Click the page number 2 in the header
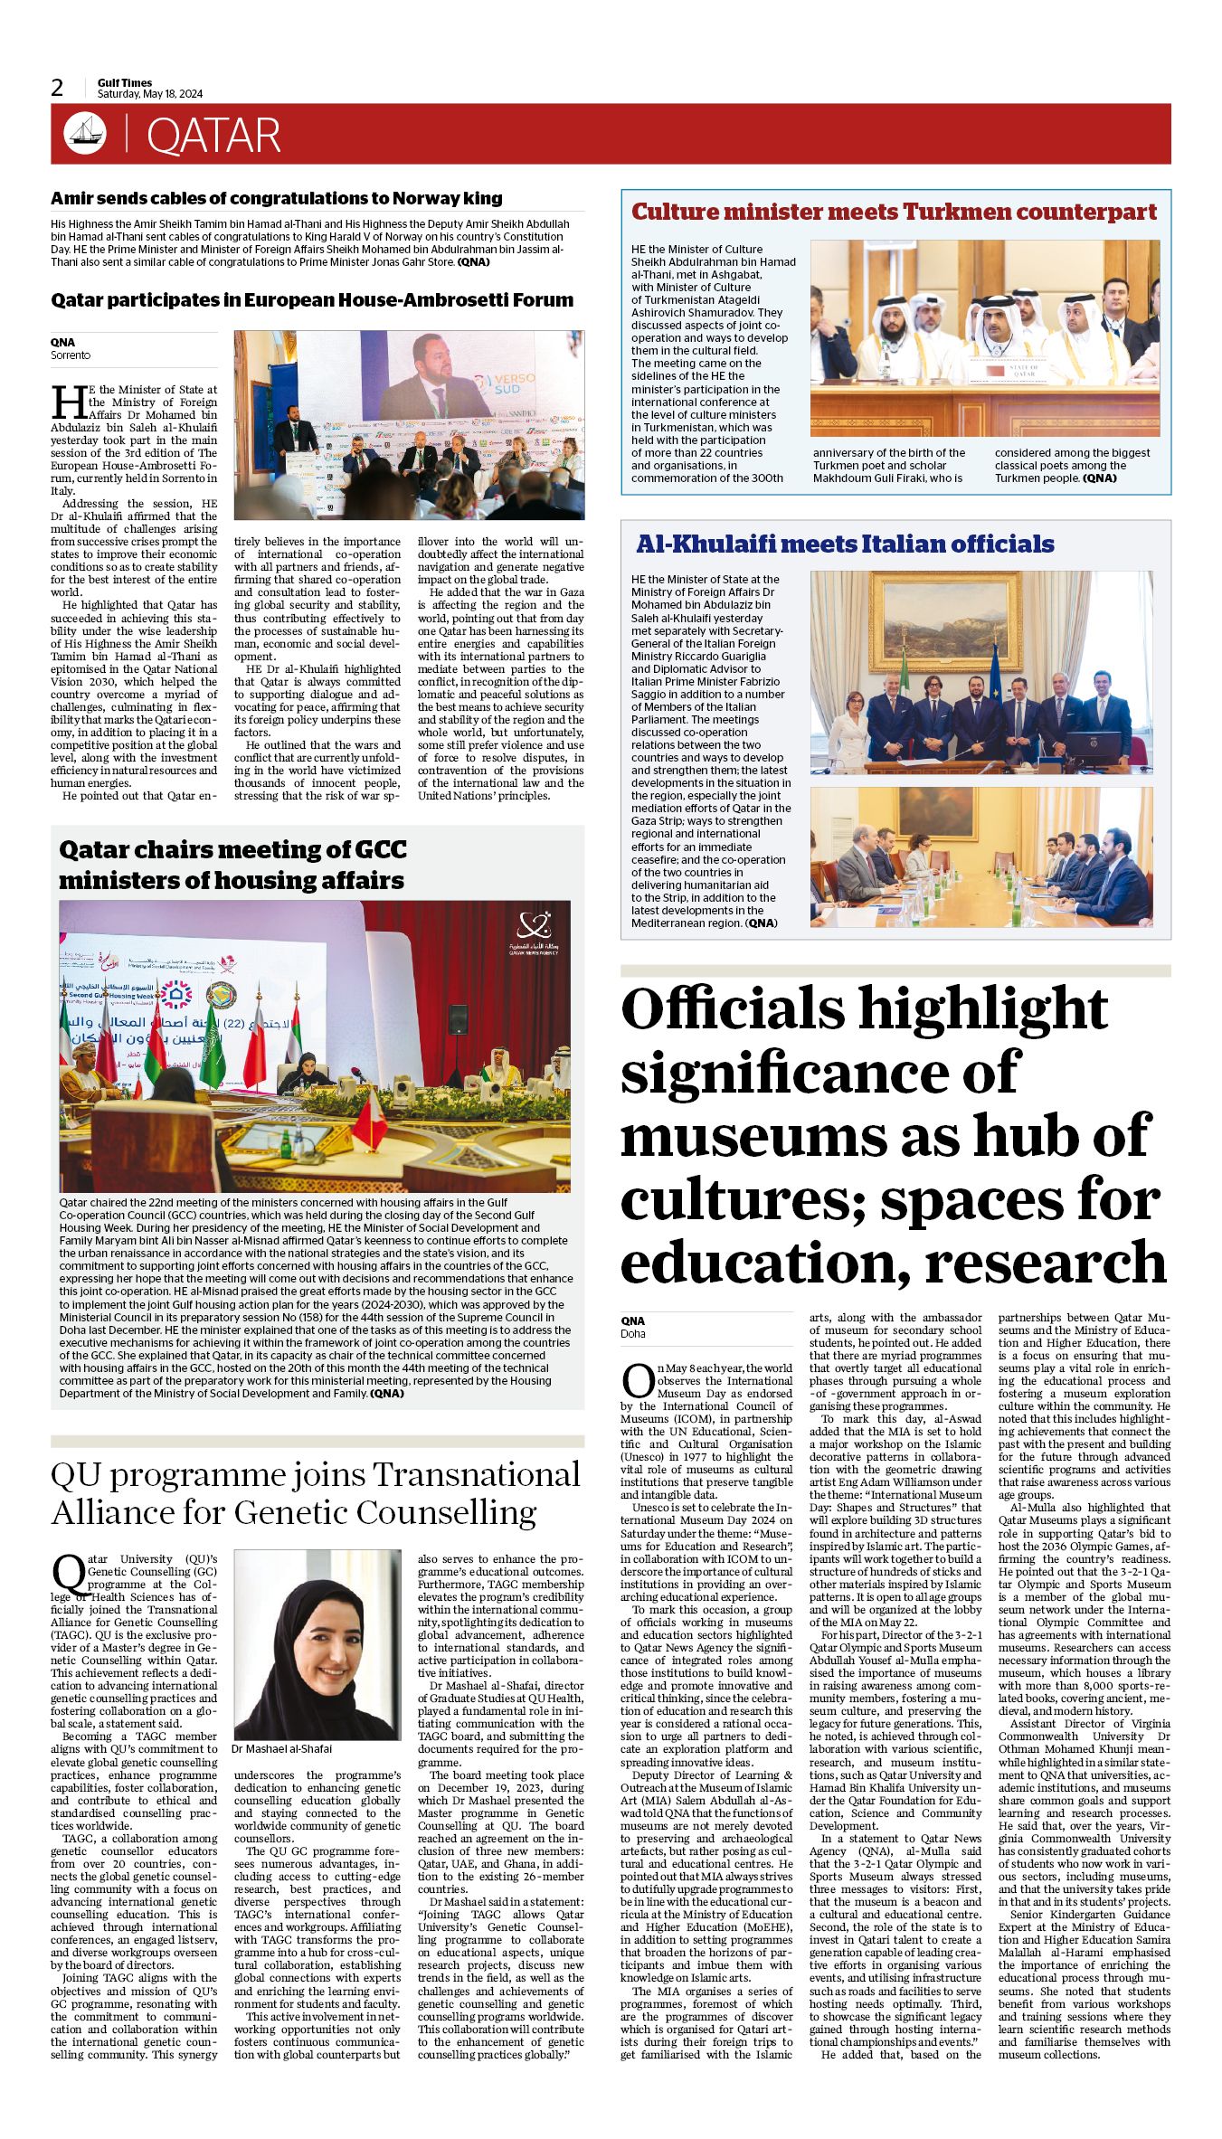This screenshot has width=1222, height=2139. (x=57, y=88)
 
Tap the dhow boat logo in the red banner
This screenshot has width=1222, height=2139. (x=85, y=134)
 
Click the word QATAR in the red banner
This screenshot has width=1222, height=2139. (x=213, y=136)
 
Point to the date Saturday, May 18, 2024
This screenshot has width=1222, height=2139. (x=150, y=94)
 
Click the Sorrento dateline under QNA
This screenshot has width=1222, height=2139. (x=71, y=355)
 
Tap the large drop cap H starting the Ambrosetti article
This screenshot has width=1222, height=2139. (x=68, y=402)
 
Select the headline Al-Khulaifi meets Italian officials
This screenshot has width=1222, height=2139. (x=845, y=544)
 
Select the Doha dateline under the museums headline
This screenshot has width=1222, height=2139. (x=633, y=1334)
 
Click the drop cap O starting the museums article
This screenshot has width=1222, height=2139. (x=638, y=1380)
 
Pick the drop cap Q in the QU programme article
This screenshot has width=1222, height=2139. (x=69, y=1575)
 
